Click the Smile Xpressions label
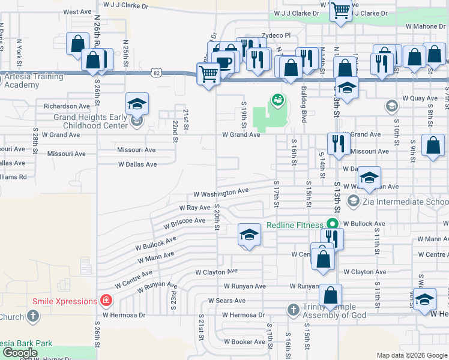click(65, 301)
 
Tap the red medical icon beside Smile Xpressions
click(106, 300)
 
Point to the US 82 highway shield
click(157, 73)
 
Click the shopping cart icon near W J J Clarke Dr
click(340, 11)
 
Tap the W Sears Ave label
click(226, 300)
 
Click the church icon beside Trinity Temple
click(293, 310)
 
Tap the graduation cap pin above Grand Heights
click(137, 103)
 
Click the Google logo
click(20, 353)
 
